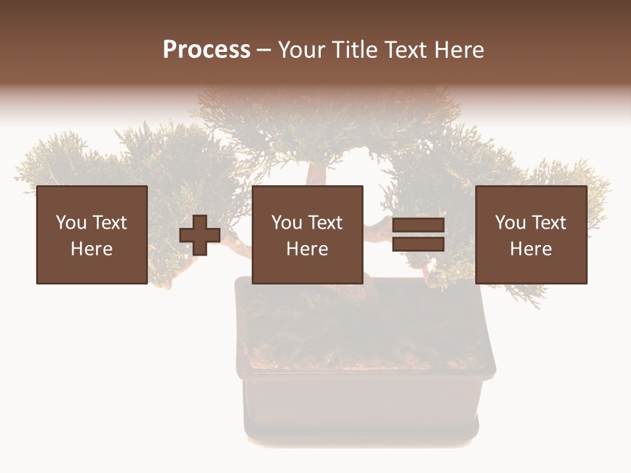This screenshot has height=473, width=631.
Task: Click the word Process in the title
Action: pos(206,50)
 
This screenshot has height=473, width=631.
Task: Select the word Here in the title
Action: pos(456,50)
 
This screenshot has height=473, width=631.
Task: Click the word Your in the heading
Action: pos(302,50)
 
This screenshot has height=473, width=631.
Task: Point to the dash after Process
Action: pos(264,51)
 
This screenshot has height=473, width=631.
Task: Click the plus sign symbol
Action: pos(200,235)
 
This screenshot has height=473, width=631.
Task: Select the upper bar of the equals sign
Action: pos(418,225)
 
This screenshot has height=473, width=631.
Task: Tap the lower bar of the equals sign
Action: pos(418,244)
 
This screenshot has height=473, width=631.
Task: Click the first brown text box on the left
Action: pos(91,235)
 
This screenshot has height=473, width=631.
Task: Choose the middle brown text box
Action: pos(307,235)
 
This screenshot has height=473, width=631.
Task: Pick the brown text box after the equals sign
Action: pos(530,235)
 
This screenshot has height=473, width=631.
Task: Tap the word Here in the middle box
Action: pos(307,249)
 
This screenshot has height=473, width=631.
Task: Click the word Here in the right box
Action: pos(530,249)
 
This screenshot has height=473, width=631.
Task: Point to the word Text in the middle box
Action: pos(325,223)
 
